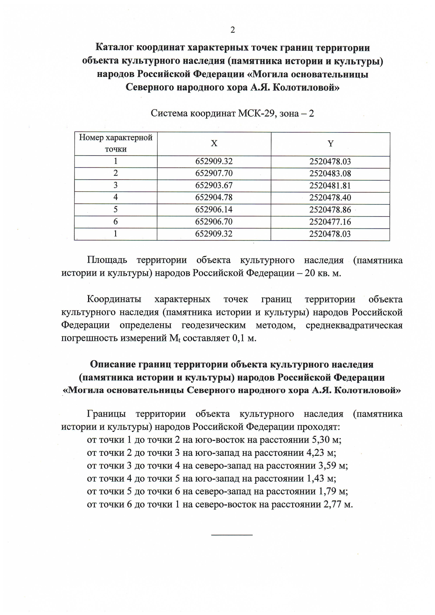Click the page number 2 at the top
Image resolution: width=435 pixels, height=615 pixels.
tap(232, 30)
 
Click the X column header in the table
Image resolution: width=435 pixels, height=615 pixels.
tap(214, 144)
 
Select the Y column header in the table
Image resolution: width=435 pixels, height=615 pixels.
tap(330, 144)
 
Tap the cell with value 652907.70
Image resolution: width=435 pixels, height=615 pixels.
tap(214, 173)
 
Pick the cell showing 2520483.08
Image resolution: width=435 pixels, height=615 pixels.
tap(330, 173)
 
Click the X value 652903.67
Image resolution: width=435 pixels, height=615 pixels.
tap(214, 185)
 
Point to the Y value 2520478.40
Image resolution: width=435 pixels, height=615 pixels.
tap(330, 198)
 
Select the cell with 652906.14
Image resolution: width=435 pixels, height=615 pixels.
tap(214, 210)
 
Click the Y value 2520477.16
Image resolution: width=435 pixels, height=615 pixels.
tap(330, 222)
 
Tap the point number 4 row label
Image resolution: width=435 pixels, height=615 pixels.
tap(116, 197)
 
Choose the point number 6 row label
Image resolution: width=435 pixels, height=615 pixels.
tap(116, 222)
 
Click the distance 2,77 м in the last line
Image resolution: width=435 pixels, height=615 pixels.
tap(337, 504)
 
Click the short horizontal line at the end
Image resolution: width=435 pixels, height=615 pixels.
tap(232, 535)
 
